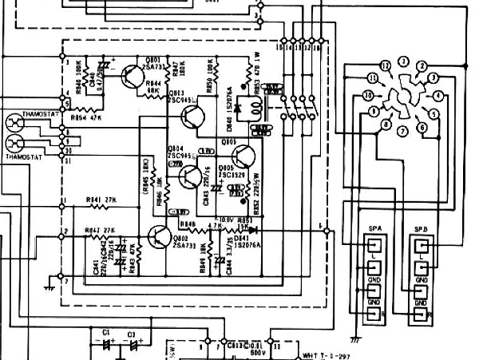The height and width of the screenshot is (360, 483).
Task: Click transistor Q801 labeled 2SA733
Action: click(131, 75)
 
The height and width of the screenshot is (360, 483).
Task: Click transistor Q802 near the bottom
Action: click(156, 238)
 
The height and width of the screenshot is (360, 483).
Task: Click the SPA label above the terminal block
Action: click(374, 229)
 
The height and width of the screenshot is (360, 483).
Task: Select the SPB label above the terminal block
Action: click(422, 229)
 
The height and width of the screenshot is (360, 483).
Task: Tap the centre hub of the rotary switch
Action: click(402, 95)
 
